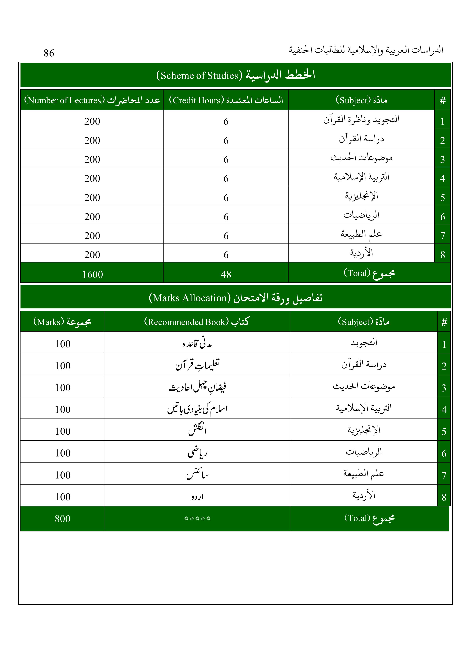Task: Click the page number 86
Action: pos(49,53)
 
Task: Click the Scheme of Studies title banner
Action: pos(235,75)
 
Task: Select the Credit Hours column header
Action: pos(226,100)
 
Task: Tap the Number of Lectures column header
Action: pos(92,100)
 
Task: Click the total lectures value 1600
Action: pos(92,274)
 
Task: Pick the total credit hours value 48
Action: pos(226,274)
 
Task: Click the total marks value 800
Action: pos(62,519)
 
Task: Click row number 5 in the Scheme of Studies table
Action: pos(442,198)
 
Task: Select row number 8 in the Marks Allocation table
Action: pos(444,497)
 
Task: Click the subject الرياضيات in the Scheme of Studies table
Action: pos(361,215)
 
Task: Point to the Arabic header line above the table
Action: pos(366,50)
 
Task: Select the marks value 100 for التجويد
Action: pos(63,344)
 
